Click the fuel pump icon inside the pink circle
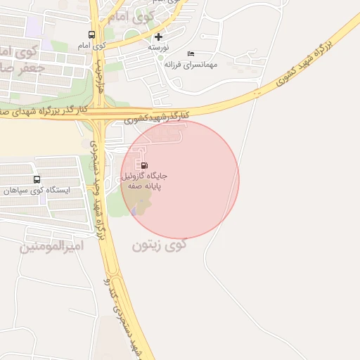click(x=145, y=165)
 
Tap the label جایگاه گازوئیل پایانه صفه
click(x=144, y=181)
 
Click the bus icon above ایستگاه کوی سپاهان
click(x=37, y=179)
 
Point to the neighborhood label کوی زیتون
click(x=160, y=245)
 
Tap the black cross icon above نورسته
click(x=159, y=37)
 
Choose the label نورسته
click(x=159, y=47)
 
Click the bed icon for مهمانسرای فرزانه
click(x=190, y=53)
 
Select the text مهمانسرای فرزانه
click(x=191, y=64)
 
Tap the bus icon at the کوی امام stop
click(x=91, y=34)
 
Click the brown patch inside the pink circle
click(x=140, y=207)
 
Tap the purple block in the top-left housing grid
click(x=32, y=28)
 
